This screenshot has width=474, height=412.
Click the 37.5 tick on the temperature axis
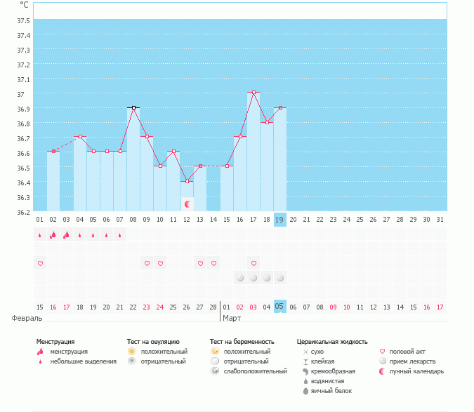tap(25, 21)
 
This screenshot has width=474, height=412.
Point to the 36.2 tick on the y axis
tap(25, 211)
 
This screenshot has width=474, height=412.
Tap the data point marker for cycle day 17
tap(254, 93)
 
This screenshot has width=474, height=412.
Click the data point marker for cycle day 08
tap(133, 107)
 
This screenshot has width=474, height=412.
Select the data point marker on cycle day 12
tap(187, 181)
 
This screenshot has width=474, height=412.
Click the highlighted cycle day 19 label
tap(279, 220)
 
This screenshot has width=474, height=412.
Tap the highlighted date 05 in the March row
tap(279, 306)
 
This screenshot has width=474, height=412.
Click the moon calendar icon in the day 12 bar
tap(187, 204)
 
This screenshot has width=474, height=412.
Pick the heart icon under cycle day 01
tap(40, 263)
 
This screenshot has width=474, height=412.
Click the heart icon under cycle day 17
tap(254, 263)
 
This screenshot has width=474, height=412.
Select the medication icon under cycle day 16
tap(240, 278)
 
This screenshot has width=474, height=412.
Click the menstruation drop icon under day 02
tap(53, 235)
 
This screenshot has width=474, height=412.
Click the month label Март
tap(232, 318)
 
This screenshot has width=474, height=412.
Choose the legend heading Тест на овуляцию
tap(154, 342)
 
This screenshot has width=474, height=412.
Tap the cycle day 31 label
tap(440, 220)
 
